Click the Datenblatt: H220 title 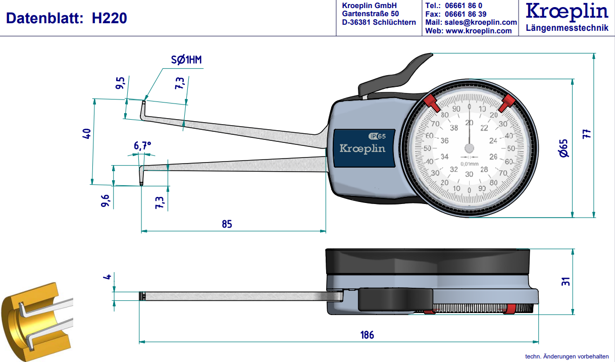[66, 19]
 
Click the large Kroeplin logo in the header [567, 12]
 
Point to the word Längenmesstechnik [567, 28]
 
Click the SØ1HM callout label [186, 61]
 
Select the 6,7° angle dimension [142, 146]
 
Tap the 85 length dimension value [227, 224]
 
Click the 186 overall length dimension [367, 335]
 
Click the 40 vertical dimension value [86, 134]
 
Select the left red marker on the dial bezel [431, 102]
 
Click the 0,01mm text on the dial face [470, 164]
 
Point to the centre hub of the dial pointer [470, 148]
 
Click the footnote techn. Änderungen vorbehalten [567, 356]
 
